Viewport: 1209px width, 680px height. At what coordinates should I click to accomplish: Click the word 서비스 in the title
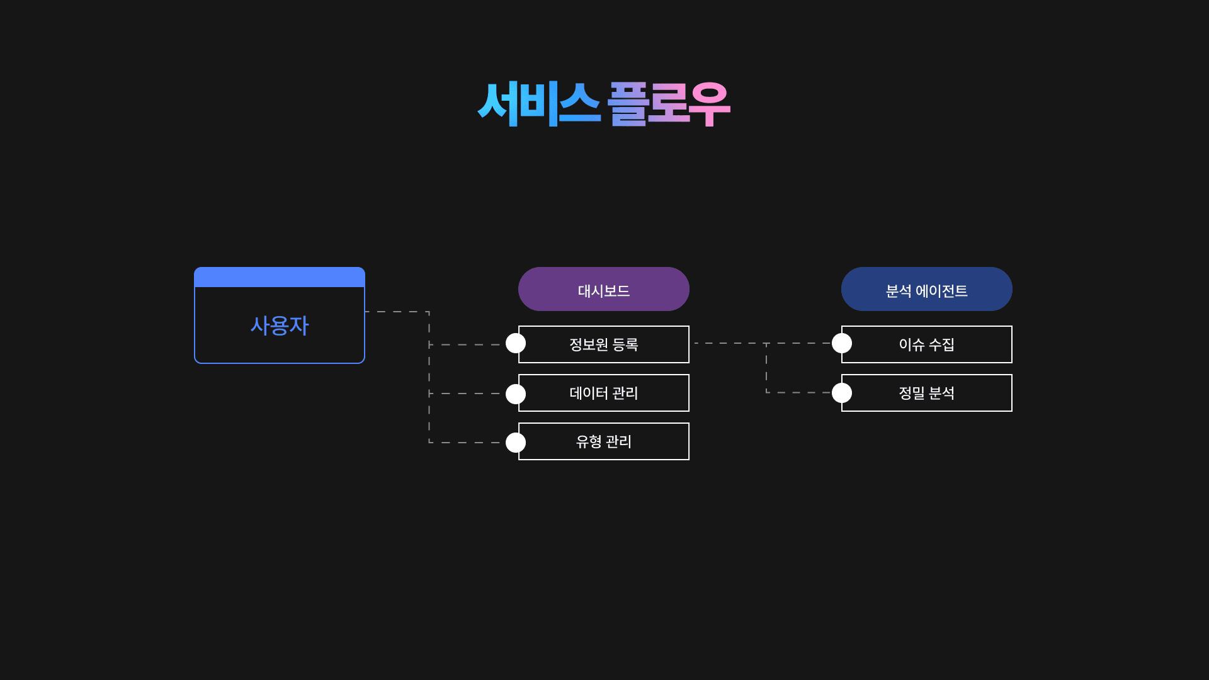tap(538, 104)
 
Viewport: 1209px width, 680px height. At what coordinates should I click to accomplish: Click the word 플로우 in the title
tap(668, 104)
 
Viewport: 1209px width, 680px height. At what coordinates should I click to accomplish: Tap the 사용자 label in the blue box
tap(280, 326)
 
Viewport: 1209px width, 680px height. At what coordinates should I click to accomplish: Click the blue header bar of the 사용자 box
tap(280, 277)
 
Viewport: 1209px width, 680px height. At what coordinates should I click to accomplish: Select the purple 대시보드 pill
tap(603, 289)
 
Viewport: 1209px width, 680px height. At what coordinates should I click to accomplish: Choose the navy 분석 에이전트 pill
tap(926, 289)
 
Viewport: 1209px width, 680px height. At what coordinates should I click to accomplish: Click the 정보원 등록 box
tap(603, 344)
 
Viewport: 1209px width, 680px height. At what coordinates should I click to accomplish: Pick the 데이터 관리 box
tap(603, 393)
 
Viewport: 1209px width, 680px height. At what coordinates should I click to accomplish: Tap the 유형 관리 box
tap(603, 441)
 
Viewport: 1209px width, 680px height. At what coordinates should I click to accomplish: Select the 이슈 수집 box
tap(926, 344)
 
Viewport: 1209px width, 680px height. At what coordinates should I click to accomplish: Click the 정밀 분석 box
tap(926, 393)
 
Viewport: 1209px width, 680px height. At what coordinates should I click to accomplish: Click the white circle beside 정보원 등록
tap(516, 343)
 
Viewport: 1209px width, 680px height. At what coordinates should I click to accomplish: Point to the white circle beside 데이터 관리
tap(516, 394)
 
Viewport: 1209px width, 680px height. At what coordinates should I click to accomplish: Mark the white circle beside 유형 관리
tap(516, 443)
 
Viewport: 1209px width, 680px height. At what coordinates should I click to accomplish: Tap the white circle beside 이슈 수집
tap(842, 343)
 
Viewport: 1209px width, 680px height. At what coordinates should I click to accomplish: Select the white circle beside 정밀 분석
tap(842, 393)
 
